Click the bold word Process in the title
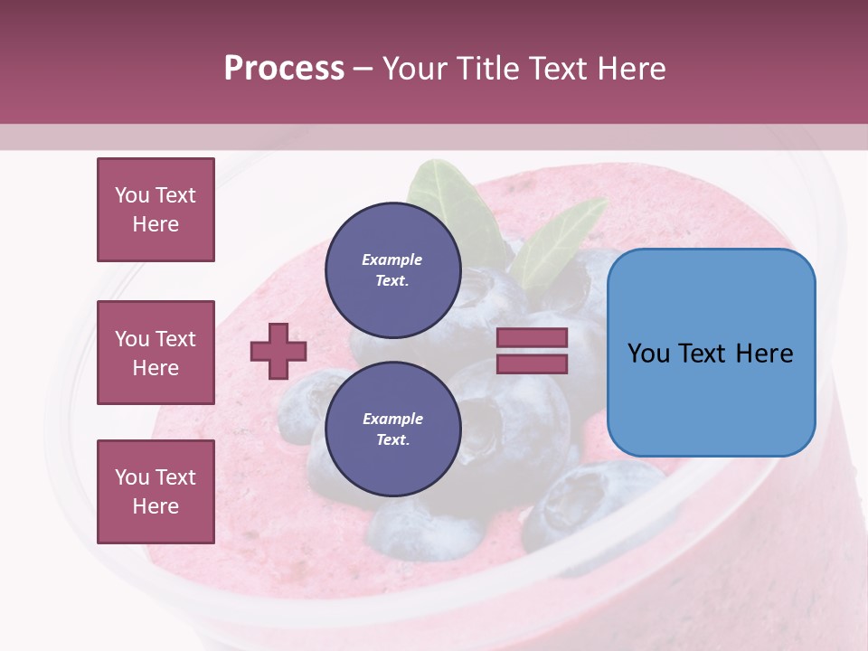tap(284, 68)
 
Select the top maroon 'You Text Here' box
tap(156, 210)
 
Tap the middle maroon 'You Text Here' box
tap(156, 353)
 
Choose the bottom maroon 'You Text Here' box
tap(156, 492)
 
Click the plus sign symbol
tap(278, 351)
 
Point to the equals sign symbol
tap(532, 351)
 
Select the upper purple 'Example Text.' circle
tap(392, 269)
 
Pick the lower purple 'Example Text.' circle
tap(392, 429)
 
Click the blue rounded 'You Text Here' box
tap(711, 353)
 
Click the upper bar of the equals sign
tap(532, 337)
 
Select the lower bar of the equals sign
tap(532, 363)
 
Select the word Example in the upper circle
tap(392, 259)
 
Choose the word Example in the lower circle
tap(392, 419)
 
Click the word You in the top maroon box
tap(131, 195)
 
